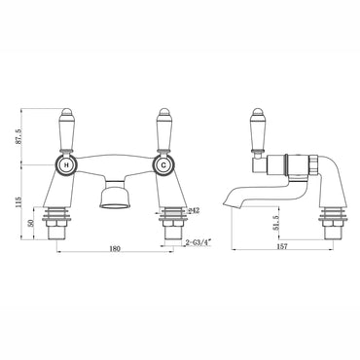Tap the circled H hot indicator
(x=66, y=164)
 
